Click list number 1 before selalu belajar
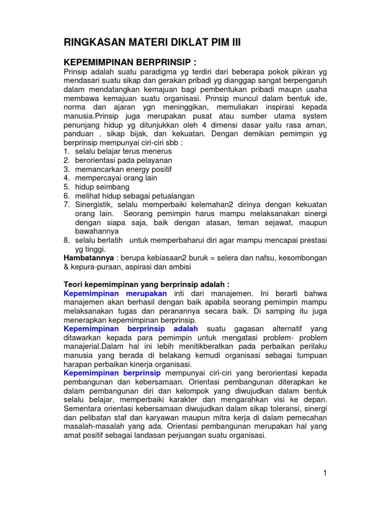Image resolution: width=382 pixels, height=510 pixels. pyautogui.click(x=66, y=151)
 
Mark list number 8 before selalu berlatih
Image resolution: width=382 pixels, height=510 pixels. pyautogui.click(x=66, y=241)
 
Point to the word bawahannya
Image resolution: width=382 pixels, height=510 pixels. pyautogui.click(x=97, y=232)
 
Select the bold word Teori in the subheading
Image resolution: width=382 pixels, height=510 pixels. pyautogui.click(x=74, y=284)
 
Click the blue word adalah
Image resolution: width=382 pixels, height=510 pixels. pyautogui.click(x=186, y=329)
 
